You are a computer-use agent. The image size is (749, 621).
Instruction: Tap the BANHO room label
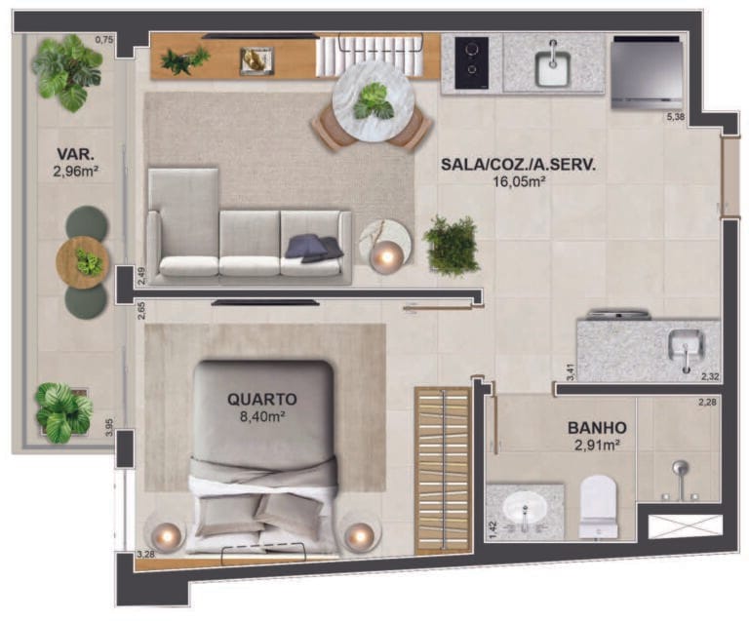pos(596,427)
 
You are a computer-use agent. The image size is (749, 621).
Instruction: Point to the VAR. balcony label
pos(74,154)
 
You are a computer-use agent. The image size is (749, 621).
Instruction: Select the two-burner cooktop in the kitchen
pos(471,61)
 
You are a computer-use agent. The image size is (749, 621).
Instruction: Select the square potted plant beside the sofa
pos(451,246)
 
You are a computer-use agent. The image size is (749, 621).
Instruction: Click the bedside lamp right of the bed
pos(360,535)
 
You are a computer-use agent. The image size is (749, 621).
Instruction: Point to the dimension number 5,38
pos(676,118)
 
